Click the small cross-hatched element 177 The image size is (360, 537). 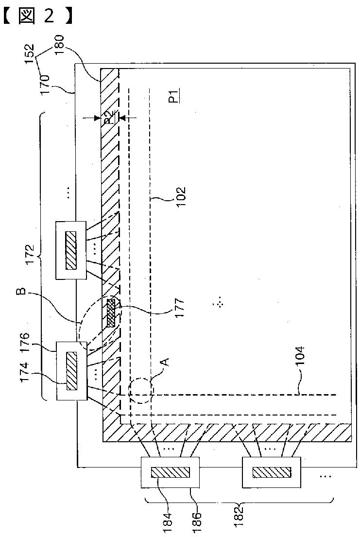(111, 312)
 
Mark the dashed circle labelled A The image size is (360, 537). (141, 391)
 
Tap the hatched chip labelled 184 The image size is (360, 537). (170, 472)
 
